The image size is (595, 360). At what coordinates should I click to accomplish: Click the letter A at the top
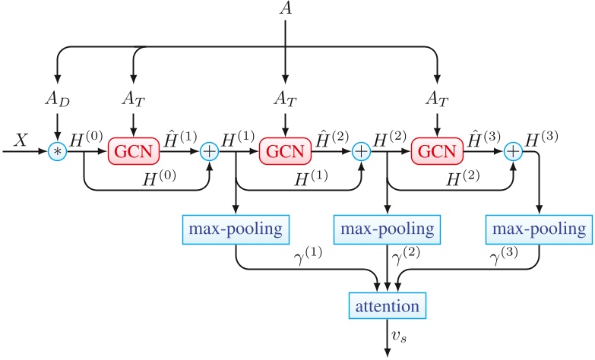(x=286, y=11)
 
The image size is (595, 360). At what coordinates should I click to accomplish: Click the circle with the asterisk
(x=58, y=152)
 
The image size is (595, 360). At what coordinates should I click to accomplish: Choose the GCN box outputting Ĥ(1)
(x=135, y=152)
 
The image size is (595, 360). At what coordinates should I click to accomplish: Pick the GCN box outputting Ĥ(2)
(x=286, y=152)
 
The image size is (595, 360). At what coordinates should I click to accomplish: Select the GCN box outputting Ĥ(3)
(x=437, y=152)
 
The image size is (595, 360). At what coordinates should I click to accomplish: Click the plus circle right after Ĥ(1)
(x=210, y=152)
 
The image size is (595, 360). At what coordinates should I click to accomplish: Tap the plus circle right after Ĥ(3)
(x=513, y=152)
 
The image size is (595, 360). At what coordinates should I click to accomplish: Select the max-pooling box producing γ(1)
(x=236, y=228)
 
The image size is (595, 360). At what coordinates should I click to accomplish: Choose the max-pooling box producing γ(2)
(x=388, y=228)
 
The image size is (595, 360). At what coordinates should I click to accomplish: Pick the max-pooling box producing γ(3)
(x=540, y=228)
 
